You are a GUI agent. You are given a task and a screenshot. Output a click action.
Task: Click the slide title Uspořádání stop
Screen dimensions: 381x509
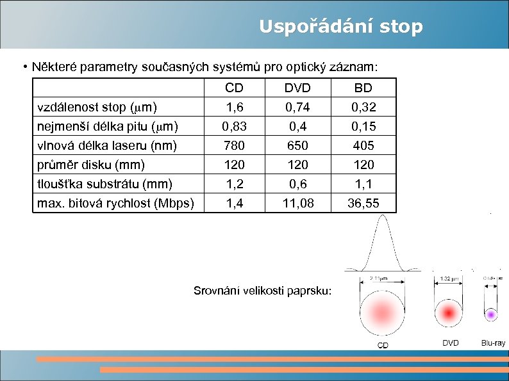pos(340,27)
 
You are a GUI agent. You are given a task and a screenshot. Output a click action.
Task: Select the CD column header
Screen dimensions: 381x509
pos(235,88)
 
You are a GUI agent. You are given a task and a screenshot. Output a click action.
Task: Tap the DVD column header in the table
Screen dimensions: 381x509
pos(298,88)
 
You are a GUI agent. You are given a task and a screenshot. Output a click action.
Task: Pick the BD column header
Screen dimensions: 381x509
pos(363,88)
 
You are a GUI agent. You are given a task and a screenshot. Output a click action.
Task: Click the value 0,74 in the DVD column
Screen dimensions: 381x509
pos(298,106)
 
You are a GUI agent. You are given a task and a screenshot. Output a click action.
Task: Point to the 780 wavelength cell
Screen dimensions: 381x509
pos(235,145)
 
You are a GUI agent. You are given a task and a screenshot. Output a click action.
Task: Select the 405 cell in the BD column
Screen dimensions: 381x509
pos(363,145)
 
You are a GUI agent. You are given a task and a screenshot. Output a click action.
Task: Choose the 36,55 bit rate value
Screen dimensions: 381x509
pos(363,203)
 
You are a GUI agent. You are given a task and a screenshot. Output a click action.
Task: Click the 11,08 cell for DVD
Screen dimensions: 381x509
pos(298,203)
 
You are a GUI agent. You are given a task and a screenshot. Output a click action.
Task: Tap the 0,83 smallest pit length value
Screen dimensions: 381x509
pos(235,126)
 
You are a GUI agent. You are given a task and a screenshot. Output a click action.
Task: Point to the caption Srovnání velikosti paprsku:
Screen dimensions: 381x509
pos(263,291)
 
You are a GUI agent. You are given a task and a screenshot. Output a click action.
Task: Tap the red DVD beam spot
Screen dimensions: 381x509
pos(450,312)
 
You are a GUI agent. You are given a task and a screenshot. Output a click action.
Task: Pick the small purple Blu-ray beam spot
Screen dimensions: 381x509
pos(491,314)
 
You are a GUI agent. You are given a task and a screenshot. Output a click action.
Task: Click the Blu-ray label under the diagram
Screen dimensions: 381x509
pos(493,343)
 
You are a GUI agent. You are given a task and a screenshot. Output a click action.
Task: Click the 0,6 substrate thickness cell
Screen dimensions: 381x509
pos(298,184)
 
